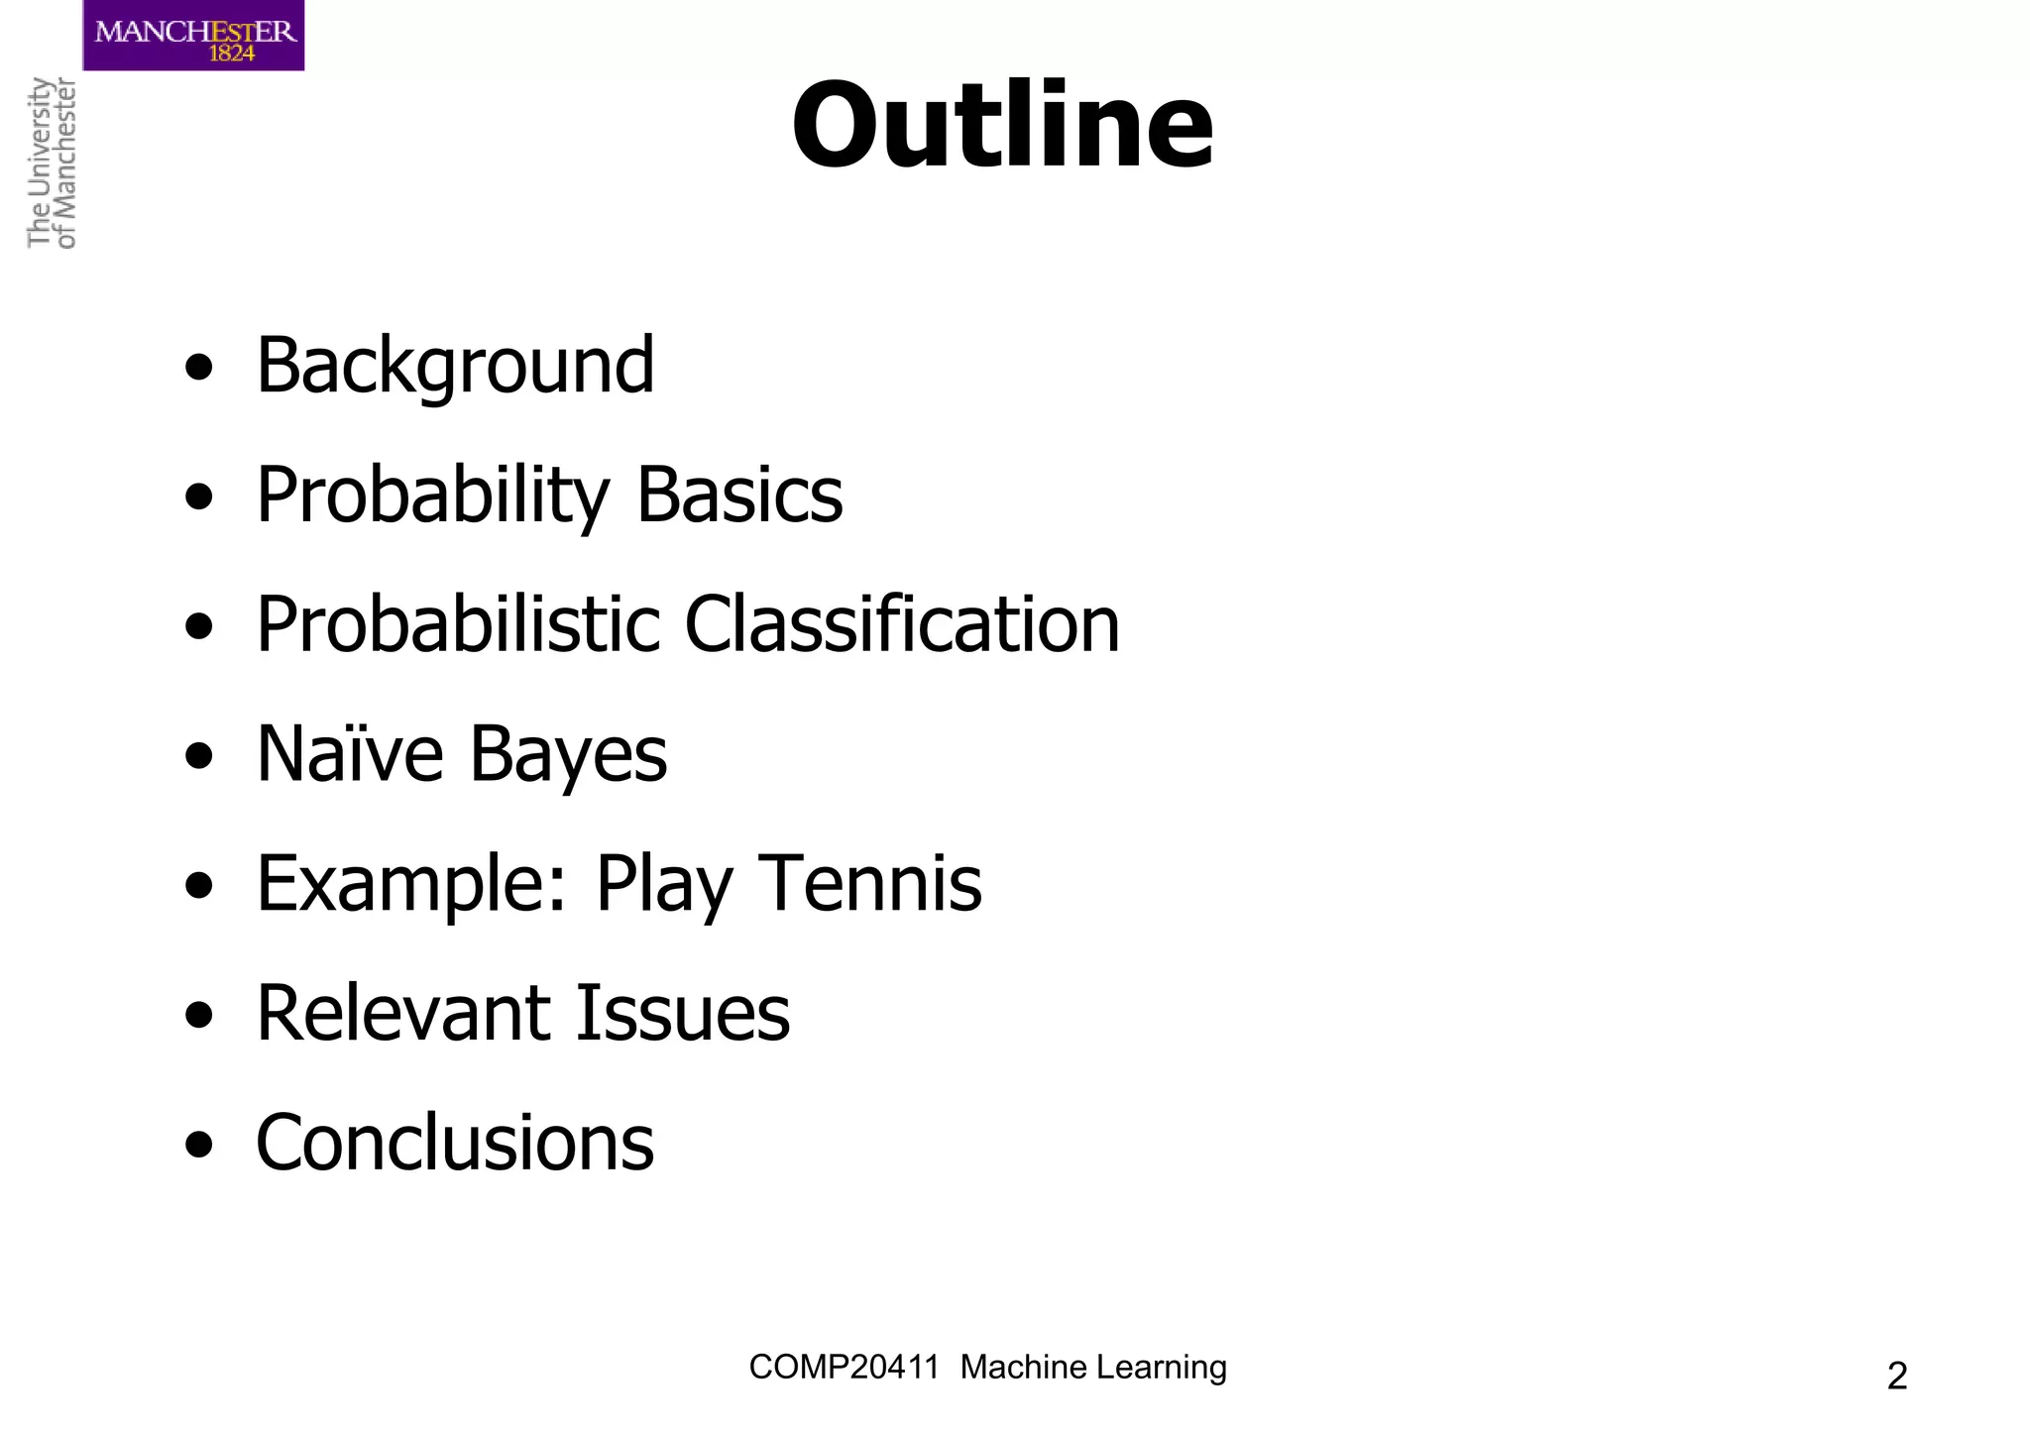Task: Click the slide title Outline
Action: click(x=1002, y=127)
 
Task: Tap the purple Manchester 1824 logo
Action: click(x=194, y=36)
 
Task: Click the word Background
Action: click(x=455, y=366)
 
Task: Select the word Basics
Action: click(x=739, y=495)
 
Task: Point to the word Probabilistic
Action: click(x=458, y=624)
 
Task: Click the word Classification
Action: click(x=902, y=624)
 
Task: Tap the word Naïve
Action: click(x=350, y=754)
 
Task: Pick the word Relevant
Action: click(x=403, y=1013)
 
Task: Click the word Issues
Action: click(x=683, y=1013)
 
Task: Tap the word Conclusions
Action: click(x=455, y=1143)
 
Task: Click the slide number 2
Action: click(x=1896, y=1377)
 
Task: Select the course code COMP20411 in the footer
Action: click(x=844, y=1368)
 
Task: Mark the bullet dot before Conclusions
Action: click(x=199, y=1145)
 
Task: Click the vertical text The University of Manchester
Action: click(x=52, y=163)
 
